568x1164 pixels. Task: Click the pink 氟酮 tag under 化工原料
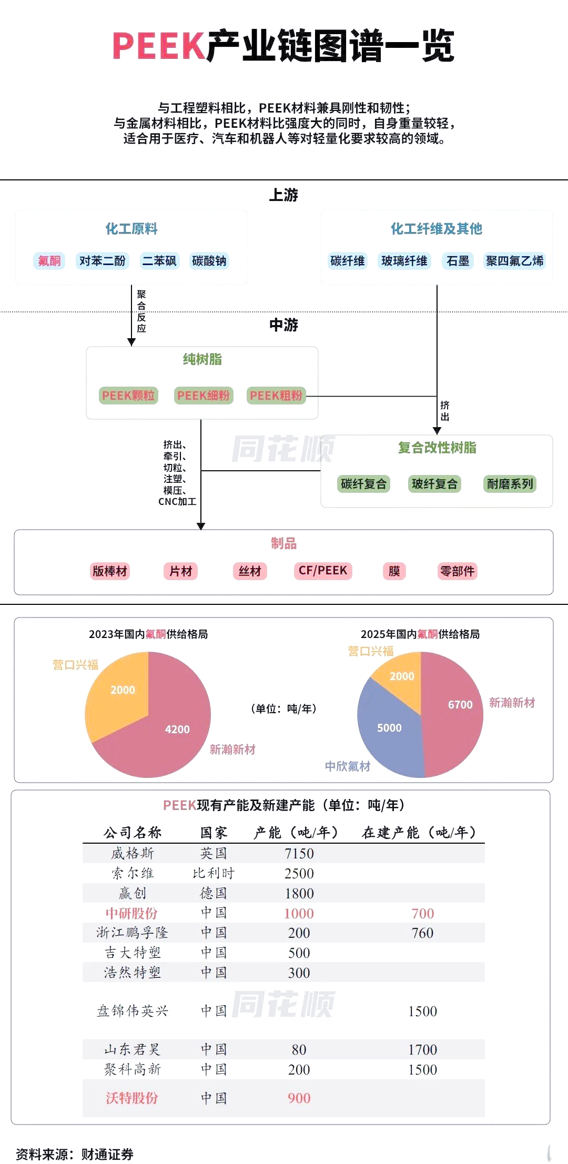[x=49, y=260]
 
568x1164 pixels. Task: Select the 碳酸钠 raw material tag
[x=209, y=260]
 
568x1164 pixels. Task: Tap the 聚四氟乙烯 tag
[x=514, y=260]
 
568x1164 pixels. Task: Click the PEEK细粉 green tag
[x=204, y=395]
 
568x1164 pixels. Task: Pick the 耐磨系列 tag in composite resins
[x=510, y=483]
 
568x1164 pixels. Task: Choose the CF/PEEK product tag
[x=322, y=571]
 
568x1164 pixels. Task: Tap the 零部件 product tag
[x=457, y=571]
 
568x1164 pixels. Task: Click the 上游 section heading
[x=283, y=195]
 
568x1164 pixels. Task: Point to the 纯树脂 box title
[x=202, y=359]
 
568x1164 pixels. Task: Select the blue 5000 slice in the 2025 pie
[x=389, y=728]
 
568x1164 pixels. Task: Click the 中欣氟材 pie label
[x=347, y=766]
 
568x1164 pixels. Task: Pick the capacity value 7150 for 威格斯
[x=299, y=853]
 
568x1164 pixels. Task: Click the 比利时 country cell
[x=214, y=873]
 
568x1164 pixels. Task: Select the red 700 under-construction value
[x=422, y=913]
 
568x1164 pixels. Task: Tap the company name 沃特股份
[x=131, y=1098]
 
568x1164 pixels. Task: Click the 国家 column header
[x=214, y=833]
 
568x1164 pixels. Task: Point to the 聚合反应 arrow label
[x=141, y=311]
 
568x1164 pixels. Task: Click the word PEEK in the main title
[x=158, y=46]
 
